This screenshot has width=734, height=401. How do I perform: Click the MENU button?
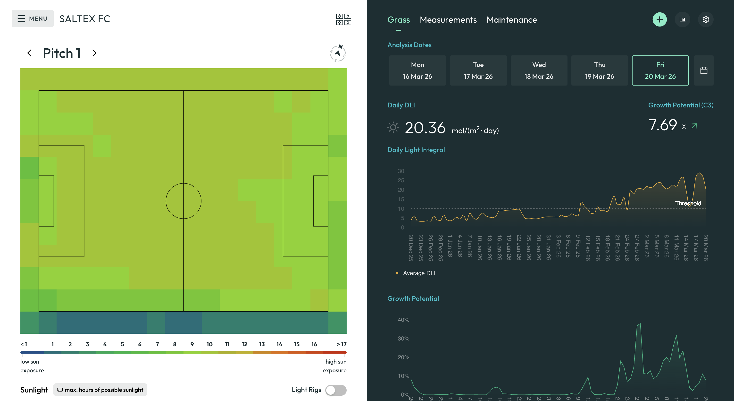(33, 18)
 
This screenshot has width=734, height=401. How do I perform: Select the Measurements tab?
(448, 20)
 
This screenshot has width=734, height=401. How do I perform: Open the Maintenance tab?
(511, 20)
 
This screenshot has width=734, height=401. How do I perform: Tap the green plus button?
(659, 20)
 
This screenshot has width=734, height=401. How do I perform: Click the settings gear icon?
(706, 20)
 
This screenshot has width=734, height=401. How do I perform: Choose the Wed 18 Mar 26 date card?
(539, 70)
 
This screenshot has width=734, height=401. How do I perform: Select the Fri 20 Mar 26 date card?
(660, 70)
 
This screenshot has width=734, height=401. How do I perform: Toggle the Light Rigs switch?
(336, 390)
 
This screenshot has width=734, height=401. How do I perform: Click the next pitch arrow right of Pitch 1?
(94, 53)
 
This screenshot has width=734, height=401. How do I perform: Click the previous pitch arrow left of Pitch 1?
(29, 53)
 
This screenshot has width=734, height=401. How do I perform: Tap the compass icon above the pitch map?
(338, 53)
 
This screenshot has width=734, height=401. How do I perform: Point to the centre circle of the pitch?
(183, 201)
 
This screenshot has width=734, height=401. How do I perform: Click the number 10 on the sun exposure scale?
(209, 344)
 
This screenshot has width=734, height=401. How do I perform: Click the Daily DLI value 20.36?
(425, 128)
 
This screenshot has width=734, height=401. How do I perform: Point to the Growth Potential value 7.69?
(662, 125)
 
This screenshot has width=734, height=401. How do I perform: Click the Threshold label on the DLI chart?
(688, 203)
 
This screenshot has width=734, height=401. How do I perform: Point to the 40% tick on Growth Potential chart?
(403, 320)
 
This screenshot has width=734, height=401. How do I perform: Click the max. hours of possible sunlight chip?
(100, 390)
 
